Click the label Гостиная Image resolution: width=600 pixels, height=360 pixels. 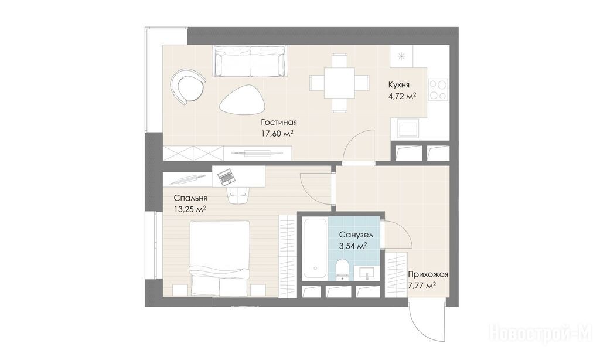[x=279, y=123]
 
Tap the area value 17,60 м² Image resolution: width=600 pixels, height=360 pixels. [x=277, y=134]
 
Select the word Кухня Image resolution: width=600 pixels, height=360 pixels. [x=398, y=85]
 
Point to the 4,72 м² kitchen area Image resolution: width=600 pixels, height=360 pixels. [x=402, y=96]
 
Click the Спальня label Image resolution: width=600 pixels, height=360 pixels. [x=190, y=198]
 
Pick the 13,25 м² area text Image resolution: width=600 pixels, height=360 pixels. [x=190, y=209]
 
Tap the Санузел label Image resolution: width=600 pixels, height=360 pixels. [x=356, y=235]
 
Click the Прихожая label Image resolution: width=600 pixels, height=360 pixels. [x=428, y=274]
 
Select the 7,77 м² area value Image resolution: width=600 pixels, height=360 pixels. [x=422, y=286]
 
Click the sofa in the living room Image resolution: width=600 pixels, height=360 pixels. [x=250, y=62]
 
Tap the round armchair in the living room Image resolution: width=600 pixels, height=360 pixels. [x=189, y=86]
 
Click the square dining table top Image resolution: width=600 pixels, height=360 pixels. [x=339, y=83]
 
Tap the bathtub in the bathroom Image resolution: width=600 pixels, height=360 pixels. [x=315, y=248]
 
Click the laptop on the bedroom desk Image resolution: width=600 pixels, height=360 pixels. [x=226, y=176]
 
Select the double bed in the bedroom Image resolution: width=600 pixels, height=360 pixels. [x=220, y=259]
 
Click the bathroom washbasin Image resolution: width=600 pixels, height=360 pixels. [x=367, y=273]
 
